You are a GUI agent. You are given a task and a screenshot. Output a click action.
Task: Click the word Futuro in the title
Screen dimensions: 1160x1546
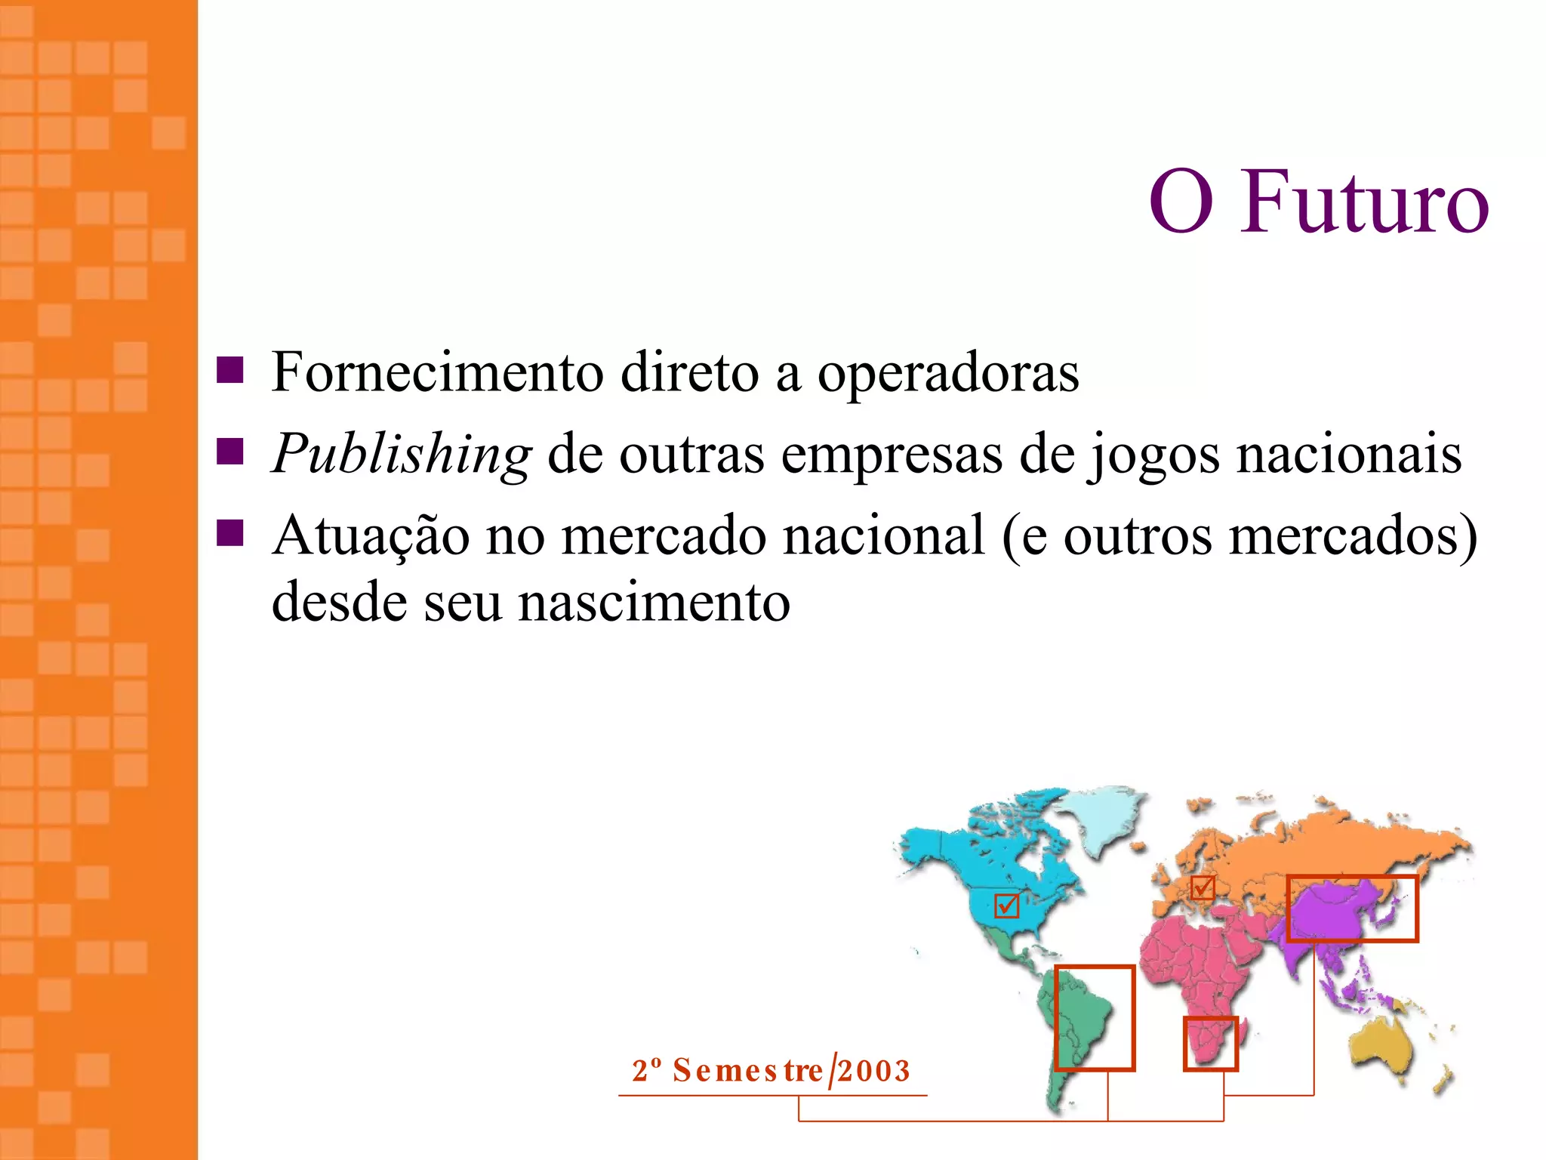(1364, 202)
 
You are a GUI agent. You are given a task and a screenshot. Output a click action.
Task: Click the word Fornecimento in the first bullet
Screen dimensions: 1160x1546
(438, 372)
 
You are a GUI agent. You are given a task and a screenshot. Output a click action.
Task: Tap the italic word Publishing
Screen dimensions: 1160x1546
(402, 455)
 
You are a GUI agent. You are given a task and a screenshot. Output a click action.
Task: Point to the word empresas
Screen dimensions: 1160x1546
(892, 455)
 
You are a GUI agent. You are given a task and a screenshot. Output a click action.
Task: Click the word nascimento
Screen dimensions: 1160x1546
(654, 602)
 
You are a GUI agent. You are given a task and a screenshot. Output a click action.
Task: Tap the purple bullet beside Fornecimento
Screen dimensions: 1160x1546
(229, 370)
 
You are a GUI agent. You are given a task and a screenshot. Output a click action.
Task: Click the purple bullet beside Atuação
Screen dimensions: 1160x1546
(229, 532)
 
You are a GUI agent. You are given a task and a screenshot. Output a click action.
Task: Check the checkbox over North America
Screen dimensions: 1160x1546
(1007, 905)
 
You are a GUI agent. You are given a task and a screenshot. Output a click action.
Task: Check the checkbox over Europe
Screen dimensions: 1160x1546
(1202, 887)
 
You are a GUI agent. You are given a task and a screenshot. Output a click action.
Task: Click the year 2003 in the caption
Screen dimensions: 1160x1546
(874, 1071)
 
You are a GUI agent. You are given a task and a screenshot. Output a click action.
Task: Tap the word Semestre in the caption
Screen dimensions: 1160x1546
(747, 1071)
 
